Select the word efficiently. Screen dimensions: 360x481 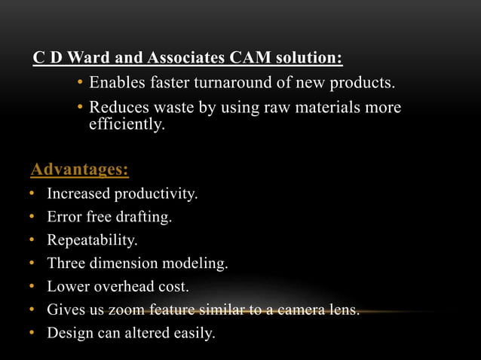[127, 124]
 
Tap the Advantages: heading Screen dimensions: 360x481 [79, 169]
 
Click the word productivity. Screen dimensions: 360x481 [156, 194]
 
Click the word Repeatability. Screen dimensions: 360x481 [93, 241]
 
